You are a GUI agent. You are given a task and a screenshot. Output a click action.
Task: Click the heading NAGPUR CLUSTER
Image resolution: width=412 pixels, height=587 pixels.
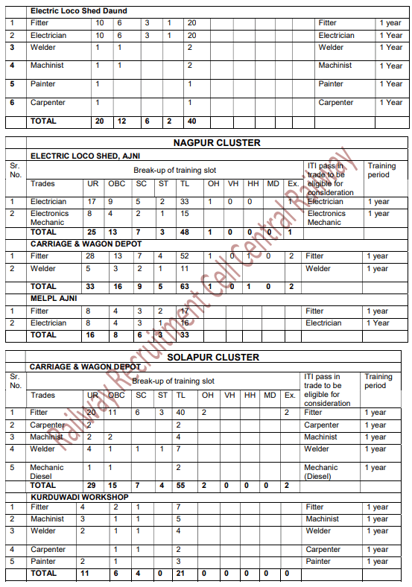[x=217, y=142]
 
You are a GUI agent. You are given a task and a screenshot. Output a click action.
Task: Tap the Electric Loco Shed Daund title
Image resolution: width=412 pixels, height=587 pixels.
[x=78, y=11]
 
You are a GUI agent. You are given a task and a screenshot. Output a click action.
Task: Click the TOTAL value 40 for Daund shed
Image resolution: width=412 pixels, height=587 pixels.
[x=191, y=121]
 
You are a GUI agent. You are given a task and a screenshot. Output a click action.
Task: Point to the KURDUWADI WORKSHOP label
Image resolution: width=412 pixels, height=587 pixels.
[x=79, y=496]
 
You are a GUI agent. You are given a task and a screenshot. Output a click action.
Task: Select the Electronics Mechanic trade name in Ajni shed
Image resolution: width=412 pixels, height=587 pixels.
[x=49, y=218]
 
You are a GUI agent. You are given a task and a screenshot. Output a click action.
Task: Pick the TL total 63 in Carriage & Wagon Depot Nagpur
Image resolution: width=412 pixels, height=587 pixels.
[x=184, y=286]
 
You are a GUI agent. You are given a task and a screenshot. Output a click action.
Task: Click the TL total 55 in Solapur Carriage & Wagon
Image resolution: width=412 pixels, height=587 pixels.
[x=181, y=485]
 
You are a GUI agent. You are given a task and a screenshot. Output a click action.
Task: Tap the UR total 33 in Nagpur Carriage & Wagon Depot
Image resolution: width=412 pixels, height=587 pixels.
[x=91, y=286]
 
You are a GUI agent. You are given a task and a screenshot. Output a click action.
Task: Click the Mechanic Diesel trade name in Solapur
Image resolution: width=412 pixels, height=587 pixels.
[x=47, y=472]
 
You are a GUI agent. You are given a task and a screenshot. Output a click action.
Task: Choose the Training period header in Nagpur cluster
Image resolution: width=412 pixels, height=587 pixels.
[x=381, y=171]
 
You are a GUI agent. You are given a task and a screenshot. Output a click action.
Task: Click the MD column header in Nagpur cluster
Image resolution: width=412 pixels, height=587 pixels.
[x=273, y=184]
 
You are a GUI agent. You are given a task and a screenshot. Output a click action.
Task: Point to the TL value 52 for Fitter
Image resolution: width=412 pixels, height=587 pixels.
[x=184, y=256]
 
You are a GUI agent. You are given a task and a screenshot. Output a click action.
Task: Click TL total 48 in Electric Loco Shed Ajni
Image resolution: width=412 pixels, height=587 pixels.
[x=184, y=232]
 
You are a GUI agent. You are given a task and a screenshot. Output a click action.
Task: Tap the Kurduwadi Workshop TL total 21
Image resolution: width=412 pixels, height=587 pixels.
[x=180, y=574]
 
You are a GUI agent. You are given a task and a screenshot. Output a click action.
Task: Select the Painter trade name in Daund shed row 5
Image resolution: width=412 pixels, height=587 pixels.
[x=43, y=84]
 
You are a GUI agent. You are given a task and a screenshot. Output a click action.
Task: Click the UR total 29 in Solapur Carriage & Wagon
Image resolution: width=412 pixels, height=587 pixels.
[x=91, y=485]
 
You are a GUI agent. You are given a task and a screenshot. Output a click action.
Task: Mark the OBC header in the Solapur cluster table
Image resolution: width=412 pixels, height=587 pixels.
[x=116, y=395]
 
